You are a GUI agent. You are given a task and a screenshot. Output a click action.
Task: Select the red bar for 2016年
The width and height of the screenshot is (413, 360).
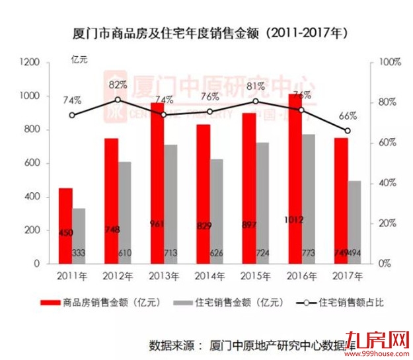click(295, 178)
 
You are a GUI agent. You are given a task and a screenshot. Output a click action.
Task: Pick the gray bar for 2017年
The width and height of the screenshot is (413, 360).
click(355, 222)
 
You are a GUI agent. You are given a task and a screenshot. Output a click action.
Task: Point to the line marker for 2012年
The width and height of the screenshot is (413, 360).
click(118, 100)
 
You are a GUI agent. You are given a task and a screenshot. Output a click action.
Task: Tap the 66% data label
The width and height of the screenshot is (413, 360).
click(348, 116)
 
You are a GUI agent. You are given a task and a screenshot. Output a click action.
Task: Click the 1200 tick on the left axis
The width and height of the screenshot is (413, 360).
click(30, 62)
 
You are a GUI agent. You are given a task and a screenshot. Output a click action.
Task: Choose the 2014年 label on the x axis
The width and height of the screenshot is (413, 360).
click(209, 275)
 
